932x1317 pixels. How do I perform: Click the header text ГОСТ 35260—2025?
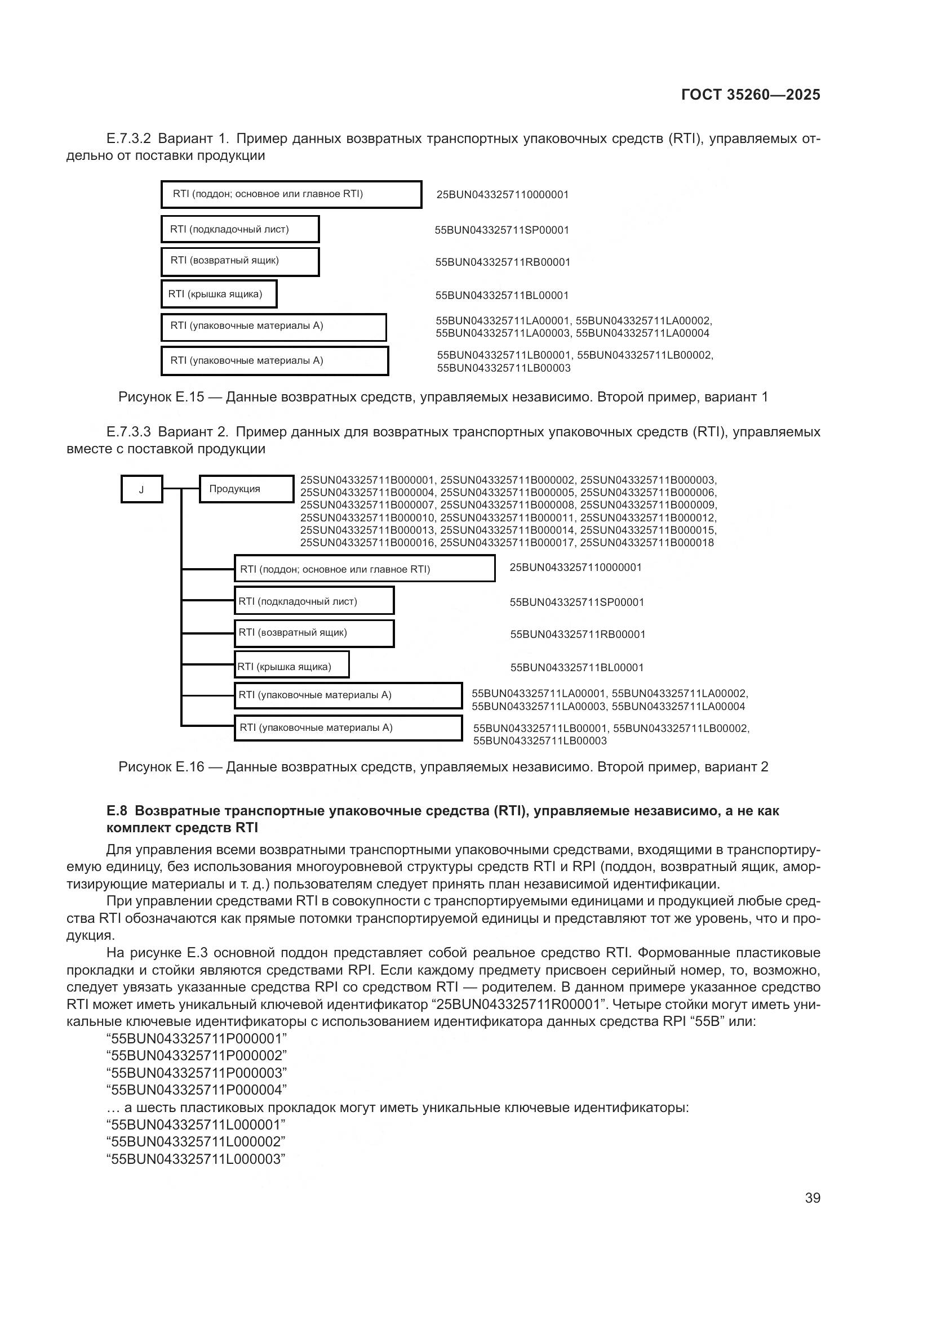(750, 95)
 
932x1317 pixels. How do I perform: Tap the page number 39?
(812, 1198)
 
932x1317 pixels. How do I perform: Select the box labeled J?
(142, 489)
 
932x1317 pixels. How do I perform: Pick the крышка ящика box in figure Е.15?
(219, 294)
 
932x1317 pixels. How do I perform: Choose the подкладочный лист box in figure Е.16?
(314, 601)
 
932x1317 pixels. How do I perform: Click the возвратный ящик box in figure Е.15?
(240, 262)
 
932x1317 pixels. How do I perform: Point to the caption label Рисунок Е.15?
(161, 397)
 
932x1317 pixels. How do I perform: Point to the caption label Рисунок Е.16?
(161, 767)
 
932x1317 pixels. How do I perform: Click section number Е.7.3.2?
(128, 139)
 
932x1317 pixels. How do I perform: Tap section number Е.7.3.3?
(128, 432)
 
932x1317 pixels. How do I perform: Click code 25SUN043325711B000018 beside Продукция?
(647, 543)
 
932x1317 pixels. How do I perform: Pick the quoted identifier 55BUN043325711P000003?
(196, 1073)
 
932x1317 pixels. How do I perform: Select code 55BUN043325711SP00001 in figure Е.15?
(501, 230)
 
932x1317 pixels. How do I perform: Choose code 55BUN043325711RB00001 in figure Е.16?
(578, 635)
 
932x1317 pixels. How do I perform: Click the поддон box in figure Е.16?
(365, 569)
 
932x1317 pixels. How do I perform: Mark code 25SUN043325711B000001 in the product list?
(367, 480)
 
